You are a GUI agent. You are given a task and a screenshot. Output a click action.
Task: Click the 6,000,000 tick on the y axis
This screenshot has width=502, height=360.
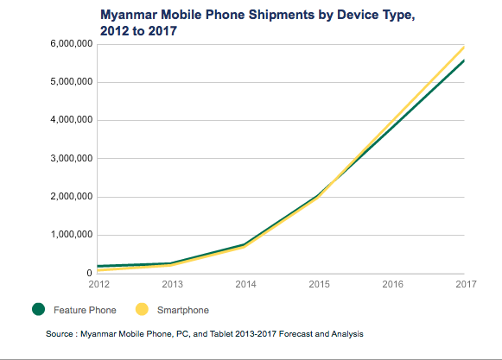[67, 44]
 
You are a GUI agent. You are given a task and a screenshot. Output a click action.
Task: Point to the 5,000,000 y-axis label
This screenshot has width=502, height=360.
[67, 82]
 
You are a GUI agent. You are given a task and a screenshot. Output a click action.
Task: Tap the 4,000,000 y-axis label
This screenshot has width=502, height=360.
[67, 120]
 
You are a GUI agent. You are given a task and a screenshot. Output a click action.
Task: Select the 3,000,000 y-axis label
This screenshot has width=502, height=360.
[67, 159]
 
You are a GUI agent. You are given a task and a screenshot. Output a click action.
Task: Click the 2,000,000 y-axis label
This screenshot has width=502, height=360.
[67, 197]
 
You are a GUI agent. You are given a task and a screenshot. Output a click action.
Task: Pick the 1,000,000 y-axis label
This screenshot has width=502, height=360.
[67, 235]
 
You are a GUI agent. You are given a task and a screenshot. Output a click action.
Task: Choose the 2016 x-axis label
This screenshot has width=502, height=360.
[393, 282]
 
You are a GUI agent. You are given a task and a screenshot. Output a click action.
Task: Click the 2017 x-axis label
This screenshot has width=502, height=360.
[466, 282]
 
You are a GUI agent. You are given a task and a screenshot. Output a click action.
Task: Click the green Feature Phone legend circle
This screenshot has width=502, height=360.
[38, 309]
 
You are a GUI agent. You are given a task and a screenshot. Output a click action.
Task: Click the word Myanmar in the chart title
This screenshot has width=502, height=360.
[131, 15]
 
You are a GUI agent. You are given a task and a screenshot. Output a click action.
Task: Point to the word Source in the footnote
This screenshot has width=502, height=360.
[64, 332]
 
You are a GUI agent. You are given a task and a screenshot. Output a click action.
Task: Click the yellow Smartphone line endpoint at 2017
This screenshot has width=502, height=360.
[465, 47]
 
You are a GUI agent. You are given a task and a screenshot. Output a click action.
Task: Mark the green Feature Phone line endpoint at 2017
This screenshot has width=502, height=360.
[465, 60]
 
